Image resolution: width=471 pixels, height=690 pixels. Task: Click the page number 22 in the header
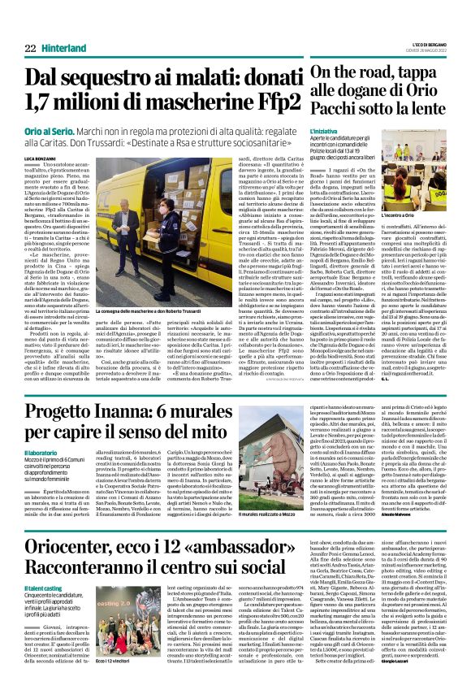pyautogui.click(x=29, y=49)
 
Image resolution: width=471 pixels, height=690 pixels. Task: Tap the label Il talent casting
pyautogui.click(x=44, y=586)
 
